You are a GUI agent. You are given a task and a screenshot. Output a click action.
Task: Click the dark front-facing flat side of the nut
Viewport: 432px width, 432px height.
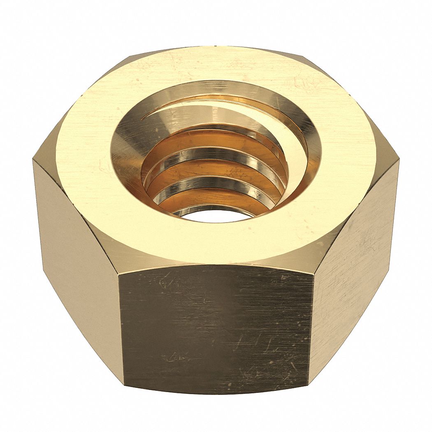(216, 325)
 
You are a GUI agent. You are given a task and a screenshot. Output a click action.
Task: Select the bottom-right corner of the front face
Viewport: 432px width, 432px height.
(309, 385)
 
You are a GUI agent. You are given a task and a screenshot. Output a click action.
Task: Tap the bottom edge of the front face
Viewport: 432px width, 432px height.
(216, 393)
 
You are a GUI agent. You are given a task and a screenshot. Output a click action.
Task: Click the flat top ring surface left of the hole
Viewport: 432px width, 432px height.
(82, 156)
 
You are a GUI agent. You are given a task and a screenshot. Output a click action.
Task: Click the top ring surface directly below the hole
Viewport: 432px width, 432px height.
(214, 243)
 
